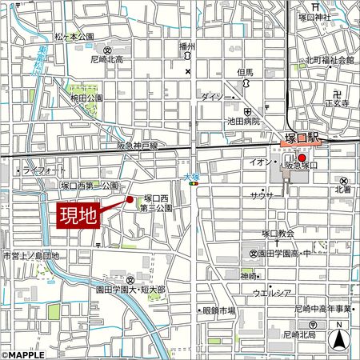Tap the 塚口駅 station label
pyautogui.click(x=302, y=139)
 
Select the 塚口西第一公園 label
pyautogui.click(x=90, y=186)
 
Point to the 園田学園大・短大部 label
pyautogui.click(x=134, y=289)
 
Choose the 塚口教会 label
pyautogui.click(x=278, y=234)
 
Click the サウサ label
pyautogui.click(x=262, y=195)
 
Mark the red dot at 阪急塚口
pyautogui.click(x=302, y=158)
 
